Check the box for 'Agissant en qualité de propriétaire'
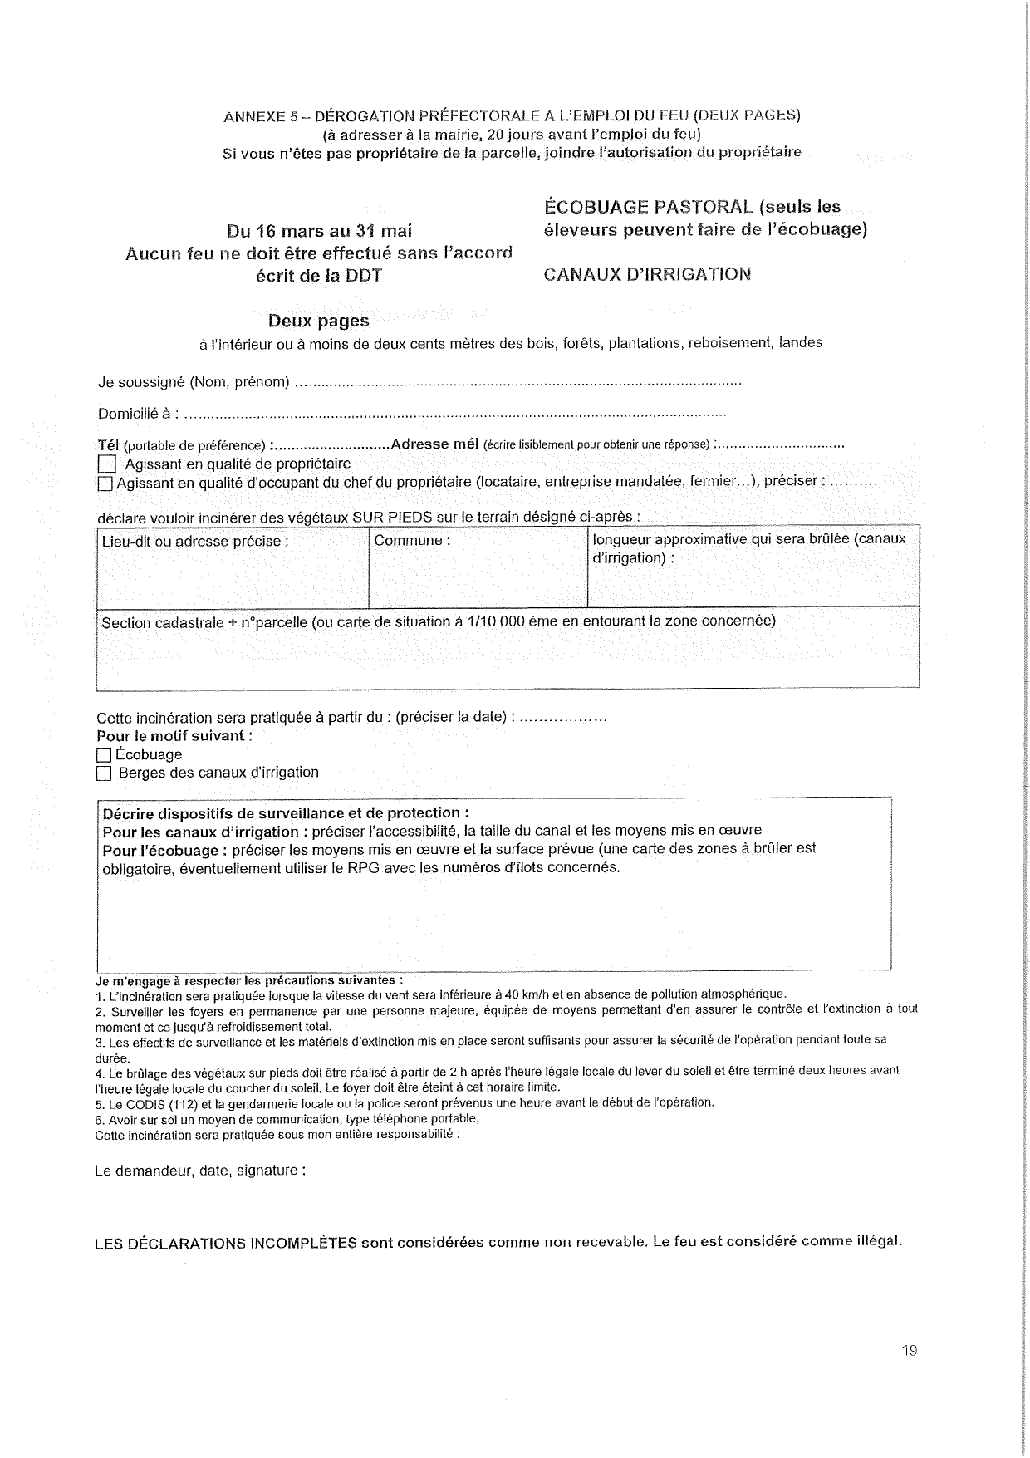pyautogui.click(x=107, y=464)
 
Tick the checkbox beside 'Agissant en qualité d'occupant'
pyautogui.click(x=105, y=483)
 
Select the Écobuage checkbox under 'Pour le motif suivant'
pyautogui.click(x=104, y=755)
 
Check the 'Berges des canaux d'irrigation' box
pyautogui.click(x=104, y=773)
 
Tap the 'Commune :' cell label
pyautogui.click(x=412, y=541)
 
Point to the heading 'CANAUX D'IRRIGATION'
pyautogui.click(x=647, y=274)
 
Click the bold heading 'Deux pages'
pyautogui.click(x=318, y=321)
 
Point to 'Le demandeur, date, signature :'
pyautogui.click(x=200, y=1171)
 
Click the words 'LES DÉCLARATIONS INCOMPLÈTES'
pyautogui.click(x=226, y=1243)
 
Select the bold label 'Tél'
pyautogui.click(x=109, y=444)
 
